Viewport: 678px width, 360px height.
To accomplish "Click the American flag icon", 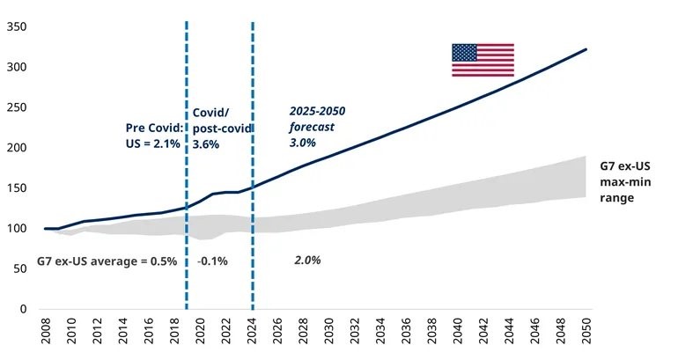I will coord(483,60).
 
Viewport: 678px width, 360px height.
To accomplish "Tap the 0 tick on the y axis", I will coord(24,309).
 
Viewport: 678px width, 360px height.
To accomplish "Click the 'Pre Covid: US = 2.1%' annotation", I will coord(153,135).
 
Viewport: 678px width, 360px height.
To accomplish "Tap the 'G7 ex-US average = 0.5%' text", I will coord(107,261).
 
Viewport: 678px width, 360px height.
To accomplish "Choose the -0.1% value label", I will coord(212,261).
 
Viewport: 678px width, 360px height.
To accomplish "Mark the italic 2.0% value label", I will coord(307,261).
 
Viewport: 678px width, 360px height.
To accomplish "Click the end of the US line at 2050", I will coord(586,49).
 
